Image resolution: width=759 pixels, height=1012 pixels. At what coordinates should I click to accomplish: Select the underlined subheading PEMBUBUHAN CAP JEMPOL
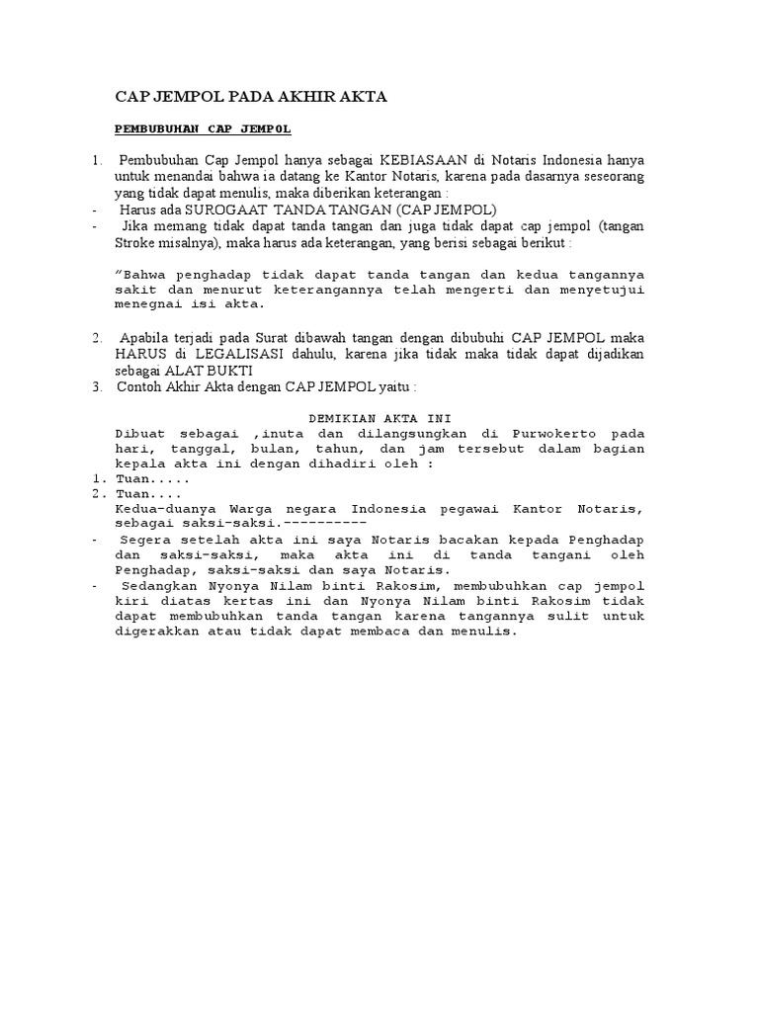204,129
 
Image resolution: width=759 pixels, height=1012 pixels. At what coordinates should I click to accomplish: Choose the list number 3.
98,385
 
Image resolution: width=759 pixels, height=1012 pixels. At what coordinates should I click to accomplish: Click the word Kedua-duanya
163,510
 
